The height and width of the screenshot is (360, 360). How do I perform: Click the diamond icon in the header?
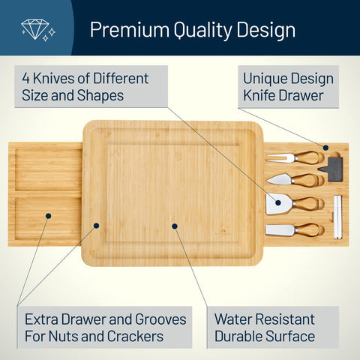pyautogui.click(x=34, y=29)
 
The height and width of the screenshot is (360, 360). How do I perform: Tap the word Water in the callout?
pyautogui.click(x=235, y=318)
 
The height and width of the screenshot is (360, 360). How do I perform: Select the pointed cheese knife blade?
pyautogui.click(x=280, y=180)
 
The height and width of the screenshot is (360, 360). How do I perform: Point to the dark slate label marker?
pyautogui.click(x=334, y=168)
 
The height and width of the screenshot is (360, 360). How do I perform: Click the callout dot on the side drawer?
pyautogui.click(x=47, y=215)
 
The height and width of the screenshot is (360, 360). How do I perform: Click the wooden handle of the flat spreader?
pyautogui.click(x=309, y=228)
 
